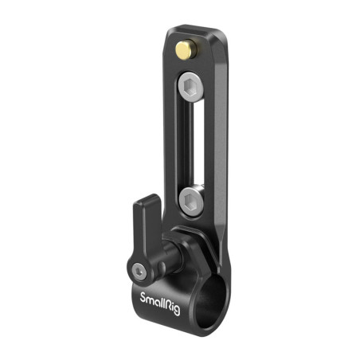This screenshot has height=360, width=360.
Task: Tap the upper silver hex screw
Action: click(190, 87)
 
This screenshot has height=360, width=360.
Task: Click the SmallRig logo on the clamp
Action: click(160, 303)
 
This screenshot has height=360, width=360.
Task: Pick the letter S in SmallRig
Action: click(143, 297)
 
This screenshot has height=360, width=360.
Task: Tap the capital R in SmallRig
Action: click(166, 306)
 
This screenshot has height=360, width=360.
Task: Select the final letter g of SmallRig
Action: click(177, 311)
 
